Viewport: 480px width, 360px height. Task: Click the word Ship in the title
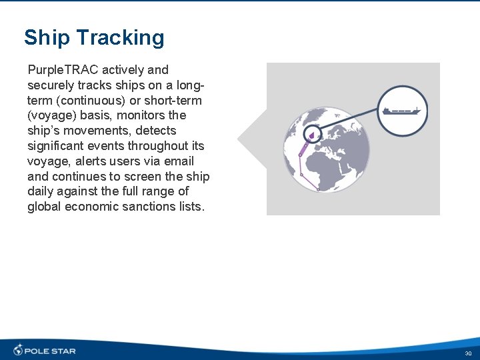point(45,38)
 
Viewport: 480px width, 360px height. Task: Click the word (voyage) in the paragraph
point(51,116)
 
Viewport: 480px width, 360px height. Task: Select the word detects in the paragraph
point(155,131)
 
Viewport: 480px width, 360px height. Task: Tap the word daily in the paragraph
point(41,192)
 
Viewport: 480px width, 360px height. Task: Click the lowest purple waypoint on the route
point(318,189)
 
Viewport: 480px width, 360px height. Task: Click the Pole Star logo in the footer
point(45,350)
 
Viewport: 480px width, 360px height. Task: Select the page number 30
point(468,353)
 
